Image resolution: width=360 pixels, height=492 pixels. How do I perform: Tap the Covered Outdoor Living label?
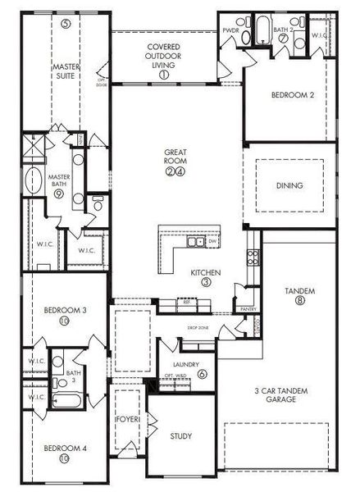(165, 56)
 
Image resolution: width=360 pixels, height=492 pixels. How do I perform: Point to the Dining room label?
(289, 185)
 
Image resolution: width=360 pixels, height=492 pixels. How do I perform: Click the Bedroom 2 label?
(292, 95)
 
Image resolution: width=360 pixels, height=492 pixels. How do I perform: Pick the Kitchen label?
(203, 271)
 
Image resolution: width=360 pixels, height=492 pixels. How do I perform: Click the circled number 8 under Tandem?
(301, 301)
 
